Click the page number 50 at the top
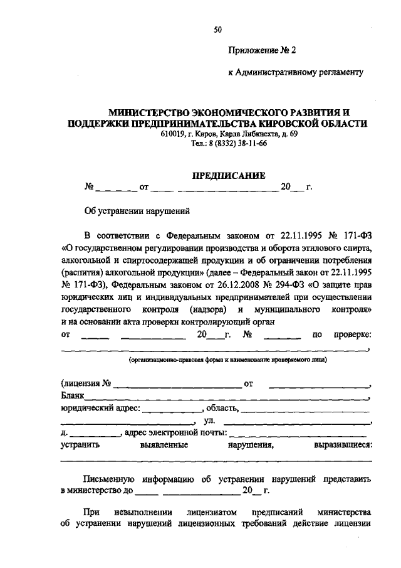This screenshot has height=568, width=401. [x=218, y=29]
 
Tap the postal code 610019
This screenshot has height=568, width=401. [x=172, y=134]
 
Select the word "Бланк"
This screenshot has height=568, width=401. [x=72, y=396]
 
